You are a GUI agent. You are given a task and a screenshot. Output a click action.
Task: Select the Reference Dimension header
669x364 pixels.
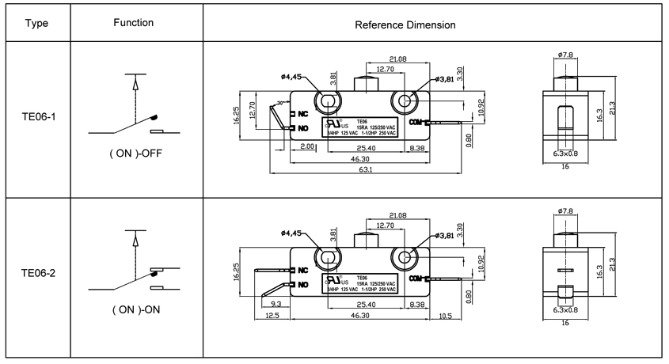(405, 25)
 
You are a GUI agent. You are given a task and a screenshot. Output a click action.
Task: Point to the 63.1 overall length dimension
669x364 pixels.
(367, 169)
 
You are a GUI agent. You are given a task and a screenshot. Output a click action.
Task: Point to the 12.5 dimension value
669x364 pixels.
(271, 317)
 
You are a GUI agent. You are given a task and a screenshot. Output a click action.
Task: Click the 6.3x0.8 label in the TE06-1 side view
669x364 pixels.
(565, 155)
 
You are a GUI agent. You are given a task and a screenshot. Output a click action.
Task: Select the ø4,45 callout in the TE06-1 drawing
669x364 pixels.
(290, 77)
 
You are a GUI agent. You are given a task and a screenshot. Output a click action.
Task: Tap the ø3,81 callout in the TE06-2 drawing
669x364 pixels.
(447, 236)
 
